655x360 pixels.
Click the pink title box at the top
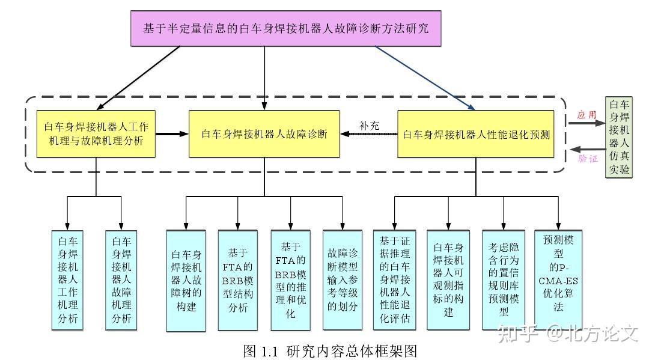tap(286, 28)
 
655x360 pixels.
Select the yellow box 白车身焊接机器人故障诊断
tap(264, 134)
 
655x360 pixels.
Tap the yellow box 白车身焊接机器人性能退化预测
tap(475, 134)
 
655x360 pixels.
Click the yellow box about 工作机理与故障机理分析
tap(96, 134)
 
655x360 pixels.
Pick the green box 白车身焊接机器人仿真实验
tap(619, 137)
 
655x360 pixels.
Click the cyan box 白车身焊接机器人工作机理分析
tap(68, 279)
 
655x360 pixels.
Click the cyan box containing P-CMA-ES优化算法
tap(559, 279)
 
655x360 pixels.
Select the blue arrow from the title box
tap(427, 79)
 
